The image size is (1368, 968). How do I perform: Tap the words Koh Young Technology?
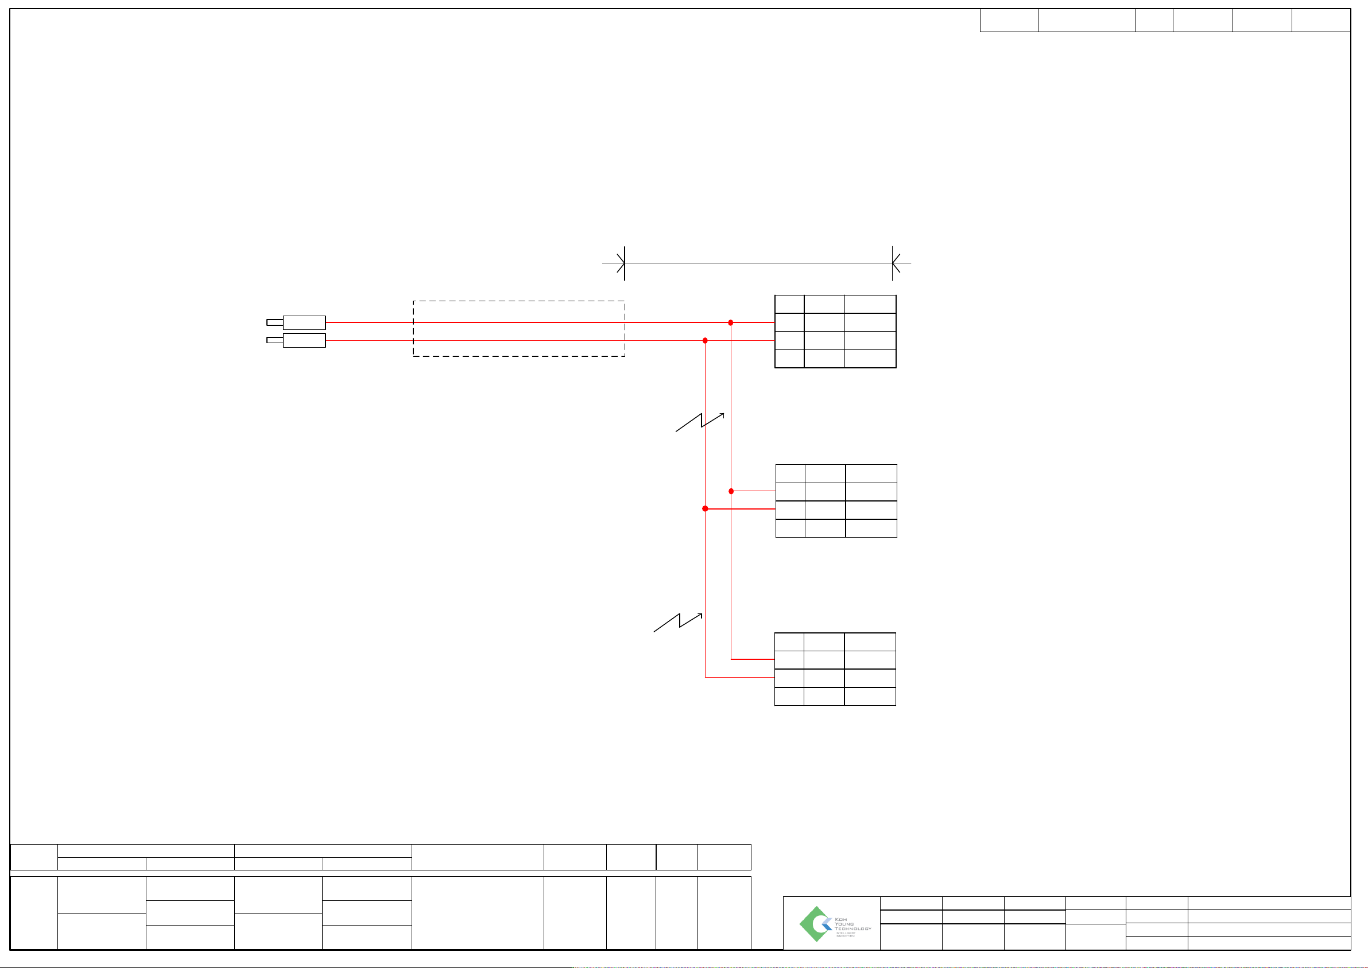(x=852, y=924)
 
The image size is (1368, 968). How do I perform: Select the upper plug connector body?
(x=304, y=322)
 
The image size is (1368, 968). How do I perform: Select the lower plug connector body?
(x=304, y=340)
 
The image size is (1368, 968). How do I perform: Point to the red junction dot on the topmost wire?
(x=731, y=322)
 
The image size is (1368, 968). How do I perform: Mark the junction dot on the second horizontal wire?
(x=705, y=340)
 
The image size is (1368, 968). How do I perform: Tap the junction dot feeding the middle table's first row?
(x=731, y=491)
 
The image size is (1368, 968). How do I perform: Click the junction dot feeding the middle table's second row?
(x=705, y=508)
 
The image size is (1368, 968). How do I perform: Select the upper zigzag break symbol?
(x=700, y=422)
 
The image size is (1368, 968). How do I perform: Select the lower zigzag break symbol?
(x=678, y=622)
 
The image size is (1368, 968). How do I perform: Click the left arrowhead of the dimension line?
(x=621, y=263)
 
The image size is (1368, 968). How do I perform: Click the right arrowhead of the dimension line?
(x=895, y=263)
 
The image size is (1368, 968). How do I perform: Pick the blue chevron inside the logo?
(x=827, y=924)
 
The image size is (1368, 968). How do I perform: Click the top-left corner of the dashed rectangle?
(x=413, y=301)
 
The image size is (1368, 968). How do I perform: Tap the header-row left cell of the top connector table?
(x=789, y=304)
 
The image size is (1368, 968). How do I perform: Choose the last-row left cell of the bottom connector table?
(x=789, y=696)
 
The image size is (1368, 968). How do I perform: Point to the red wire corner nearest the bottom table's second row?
(x=706, y=677)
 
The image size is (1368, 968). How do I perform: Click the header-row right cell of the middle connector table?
(x=871, y=473)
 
